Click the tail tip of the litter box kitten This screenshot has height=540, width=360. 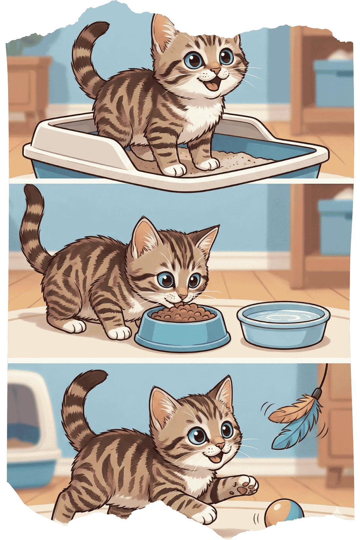[103, 26]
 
